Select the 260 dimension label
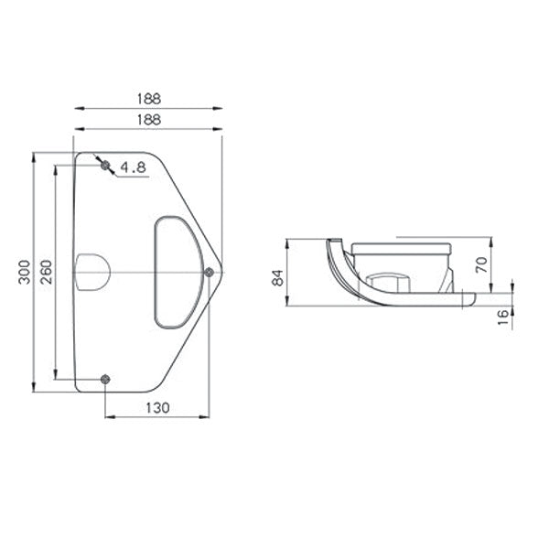click(x=46, y=272)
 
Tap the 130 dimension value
click(x=157, y=408)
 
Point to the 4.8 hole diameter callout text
click(x=134, y=167)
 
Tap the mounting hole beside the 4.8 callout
click(x=105, y=165)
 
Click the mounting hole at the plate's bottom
click(x=105, y=379)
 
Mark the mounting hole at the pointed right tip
click(x=209, y=272)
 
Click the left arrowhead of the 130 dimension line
click(x=108, y=418)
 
